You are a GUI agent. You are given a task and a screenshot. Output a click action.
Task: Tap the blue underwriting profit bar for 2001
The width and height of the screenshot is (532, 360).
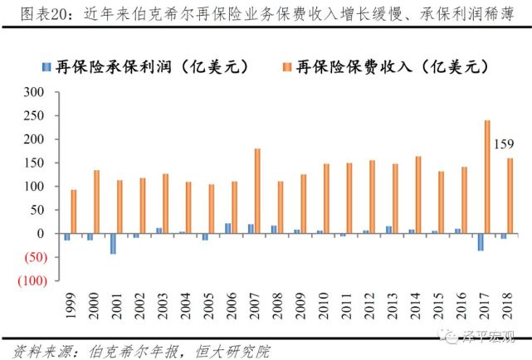(112, 243)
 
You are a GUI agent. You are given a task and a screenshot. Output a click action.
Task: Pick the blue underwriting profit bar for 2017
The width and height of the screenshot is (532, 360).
(480, 241)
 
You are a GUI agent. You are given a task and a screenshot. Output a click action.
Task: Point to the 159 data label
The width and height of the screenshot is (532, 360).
(504, 144)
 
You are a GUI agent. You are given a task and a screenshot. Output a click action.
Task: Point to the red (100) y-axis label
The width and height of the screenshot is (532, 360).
(39, 280)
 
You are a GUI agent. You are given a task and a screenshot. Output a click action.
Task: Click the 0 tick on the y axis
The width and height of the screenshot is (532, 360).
(50, 233)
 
